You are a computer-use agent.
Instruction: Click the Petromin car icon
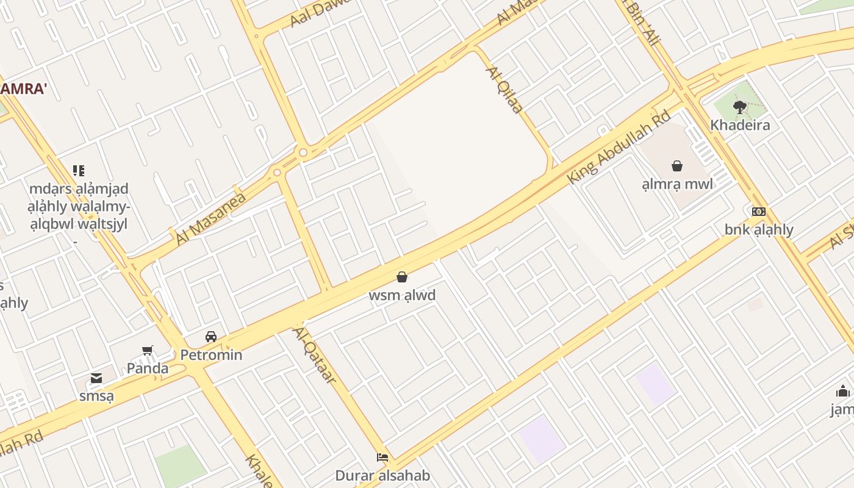point(211,337)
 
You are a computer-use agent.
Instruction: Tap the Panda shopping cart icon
point(148,350)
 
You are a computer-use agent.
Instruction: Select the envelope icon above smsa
point(96,378)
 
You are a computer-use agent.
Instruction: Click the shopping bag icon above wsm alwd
point(402,277)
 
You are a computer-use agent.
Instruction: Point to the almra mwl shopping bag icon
point(677,165)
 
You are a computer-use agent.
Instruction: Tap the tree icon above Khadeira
point(740,107)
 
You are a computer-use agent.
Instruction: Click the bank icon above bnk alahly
point(759,212)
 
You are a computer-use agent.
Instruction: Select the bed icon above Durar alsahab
point(382,457)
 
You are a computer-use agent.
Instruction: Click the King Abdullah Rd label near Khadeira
point(619,147)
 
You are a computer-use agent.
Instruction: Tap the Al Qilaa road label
point(504,90)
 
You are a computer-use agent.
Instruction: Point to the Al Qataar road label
point(315,355)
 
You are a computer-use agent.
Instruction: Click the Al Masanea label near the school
point(210,218)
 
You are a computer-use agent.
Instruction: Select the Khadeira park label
point(740,125)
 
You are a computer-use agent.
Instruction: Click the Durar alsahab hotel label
point(382,476)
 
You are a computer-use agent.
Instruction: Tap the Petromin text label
point(211,354)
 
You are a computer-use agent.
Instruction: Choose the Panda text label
point(148,368)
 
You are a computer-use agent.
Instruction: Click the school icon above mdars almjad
point(79,171)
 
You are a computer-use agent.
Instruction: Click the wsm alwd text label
point(402,295)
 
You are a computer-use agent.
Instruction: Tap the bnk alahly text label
point(759,229)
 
